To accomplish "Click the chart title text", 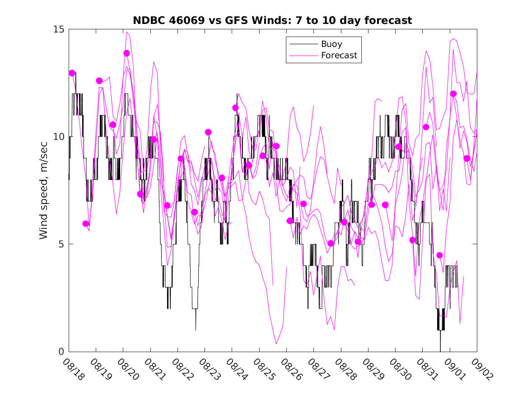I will (272, 21).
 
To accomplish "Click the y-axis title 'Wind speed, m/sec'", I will (44, 190).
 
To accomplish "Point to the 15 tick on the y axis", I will (59, 29).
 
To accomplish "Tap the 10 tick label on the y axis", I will (59, 137).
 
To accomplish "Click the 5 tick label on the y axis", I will (61, 244).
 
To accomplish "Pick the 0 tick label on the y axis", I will (61, 352).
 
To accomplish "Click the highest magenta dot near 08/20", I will (127, 53).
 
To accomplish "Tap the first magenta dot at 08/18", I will (72, 73).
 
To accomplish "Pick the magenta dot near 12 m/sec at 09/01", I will (453, 94).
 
